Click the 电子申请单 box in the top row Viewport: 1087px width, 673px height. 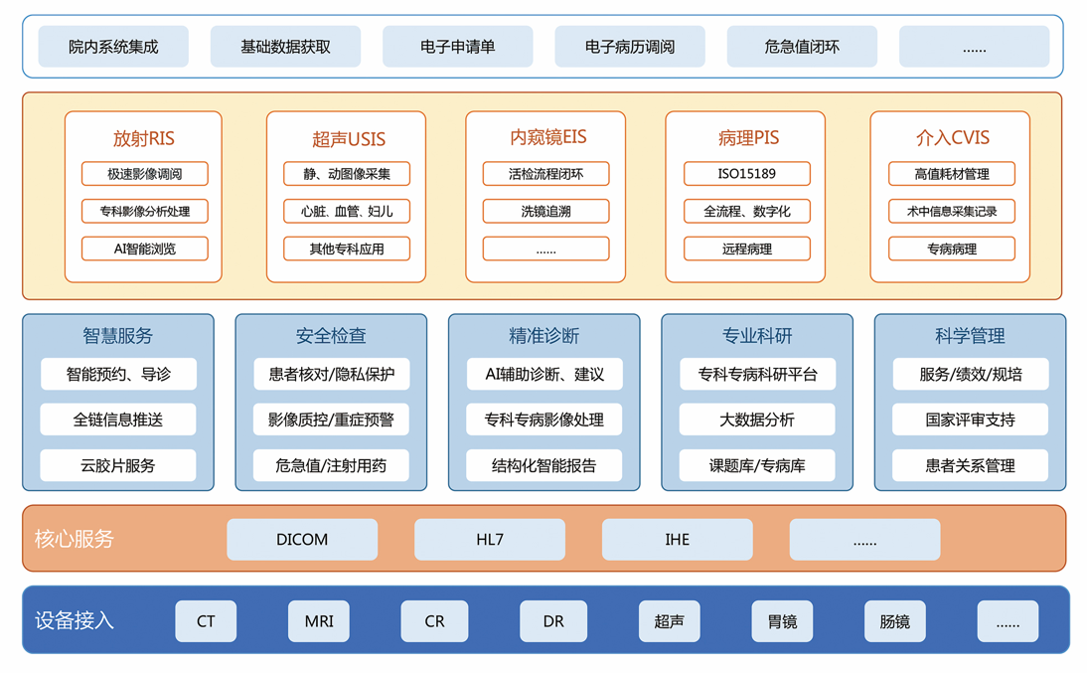[x=457, y=47]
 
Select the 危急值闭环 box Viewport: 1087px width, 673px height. [x=802, y=47]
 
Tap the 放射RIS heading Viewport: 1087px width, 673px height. [x=144, y=138]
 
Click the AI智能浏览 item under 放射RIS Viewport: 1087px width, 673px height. [x=145, y=249]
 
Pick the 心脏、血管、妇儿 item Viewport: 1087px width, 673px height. [x=347, y=211]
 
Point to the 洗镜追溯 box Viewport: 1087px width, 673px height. [x=545, y=211]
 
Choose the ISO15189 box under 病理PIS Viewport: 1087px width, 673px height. [x=746, y=174]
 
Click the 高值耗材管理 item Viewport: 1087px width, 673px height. [x=951, y=174]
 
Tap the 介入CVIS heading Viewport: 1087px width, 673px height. [x=952, y=138]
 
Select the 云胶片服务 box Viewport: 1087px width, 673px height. [x=118, y=465]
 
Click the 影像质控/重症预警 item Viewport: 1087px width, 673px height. [x=331, y=420]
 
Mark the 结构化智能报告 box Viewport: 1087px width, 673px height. [x=544, y=465]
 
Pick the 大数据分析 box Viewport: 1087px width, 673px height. [x=757, y=420]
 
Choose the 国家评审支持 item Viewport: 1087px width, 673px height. [x=970, y=420]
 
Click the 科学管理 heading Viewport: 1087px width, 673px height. [x=970, y=336]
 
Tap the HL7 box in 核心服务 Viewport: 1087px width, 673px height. [x=490, y=540]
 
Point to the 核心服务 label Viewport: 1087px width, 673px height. [x=75, y=539]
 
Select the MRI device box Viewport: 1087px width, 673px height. [x=319, y=621]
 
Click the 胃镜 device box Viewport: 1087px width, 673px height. [x=782, y=621]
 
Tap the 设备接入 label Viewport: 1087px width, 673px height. [x=75, y=621]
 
